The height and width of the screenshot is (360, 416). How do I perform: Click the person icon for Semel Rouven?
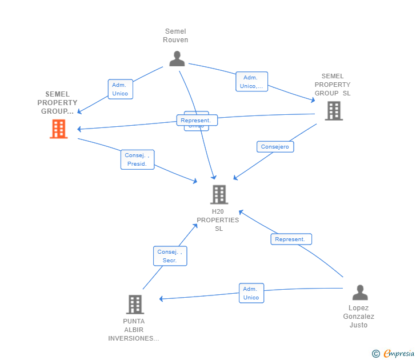tap(177, 59)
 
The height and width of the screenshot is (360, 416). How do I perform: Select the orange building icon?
tap(58, 129)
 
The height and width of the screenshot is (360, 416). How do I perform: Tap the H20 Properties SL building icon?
tap(219, 195)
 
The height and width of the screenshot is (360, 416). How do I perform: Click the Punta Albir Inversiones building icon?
tap(135, 305)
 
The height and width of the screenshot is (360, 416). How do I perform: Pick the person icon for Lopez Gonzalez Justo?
tap(359, 293)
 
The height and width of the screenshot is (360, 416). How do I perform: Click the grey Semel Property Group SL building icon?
tap(334, 111)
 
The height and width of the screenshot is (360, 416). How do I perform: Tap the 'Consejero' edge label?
tap(275, 147)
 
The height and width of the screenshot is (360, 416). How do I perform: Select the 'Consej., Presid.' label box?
tap(137, 159)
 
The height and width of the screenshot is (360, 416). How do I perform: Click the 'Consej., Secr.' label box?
tap(170, 255)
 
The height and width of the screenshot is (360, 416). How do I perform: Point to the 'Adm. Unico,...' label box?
tap(251, 82)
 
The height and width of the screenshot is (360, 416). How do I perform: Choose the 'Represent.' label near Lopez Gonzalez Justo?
tap(291, 239)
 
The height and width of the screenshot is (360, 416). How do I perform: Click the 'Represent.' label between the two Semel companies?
tap(197, 121)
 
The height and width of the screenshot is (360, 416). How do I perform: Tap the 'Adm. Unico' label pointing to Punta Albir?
tap(251, 293)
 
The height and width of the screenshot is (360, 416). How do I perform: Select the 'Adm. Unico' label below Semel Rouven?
tap(120, 89)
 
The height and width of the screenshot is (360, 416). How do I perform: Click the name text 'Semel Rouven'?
tap(175, 35)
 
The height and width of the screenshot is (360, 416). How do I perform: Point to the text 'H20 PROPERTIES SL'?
tap(218, 220)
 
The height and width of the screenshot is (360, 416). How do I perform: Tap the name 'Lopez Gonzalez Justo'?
tap(359, 317)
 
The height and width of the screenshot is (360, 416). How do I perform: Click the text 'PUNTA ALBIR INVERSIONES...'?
tap(134, 330)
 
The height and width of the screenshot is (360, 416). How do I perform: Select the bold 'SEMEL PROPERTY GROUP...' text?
tap(57, 103)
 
